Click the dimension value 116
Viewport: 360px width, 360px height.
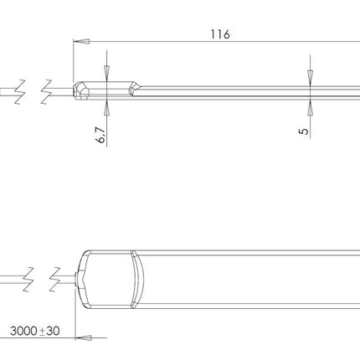pyautogui.click(x=220, y=34)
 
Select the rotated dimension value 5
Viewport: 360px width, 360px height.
pyautogui.click(x=305, y=130)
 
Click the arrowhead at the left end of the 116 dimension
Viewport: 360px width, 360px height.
pyautogui.click(x=78, y=40)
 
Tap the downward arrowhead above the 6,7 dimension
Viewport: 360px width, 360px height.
pyautogui.click(x=107, y=75)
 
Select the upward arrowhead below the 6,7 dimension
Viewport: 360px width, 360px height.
pyautogui.click(x=107, y=106)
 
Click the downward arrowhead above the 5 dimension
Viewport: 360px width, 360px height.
pyautogui.click(x=310, y=77)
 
